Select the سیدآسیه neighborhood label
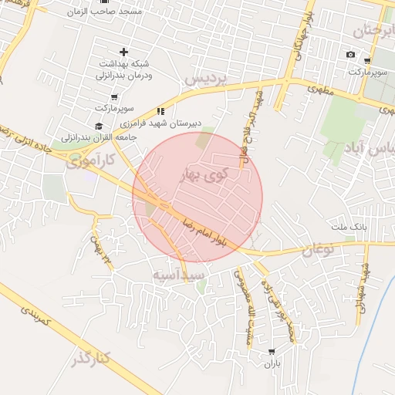(x=178, y=275)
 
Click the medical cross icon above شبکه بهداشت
(x=123, y=52)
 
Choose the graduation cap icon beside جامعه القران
(x=98, y=126)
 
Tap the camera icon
(x=351, y=55)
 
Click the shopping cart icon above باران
(x=271, y=351)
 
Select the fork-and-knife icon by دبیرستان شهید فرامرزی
(x=160, y=110)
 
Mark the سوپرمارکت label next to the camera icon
(x=366, y=72)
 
